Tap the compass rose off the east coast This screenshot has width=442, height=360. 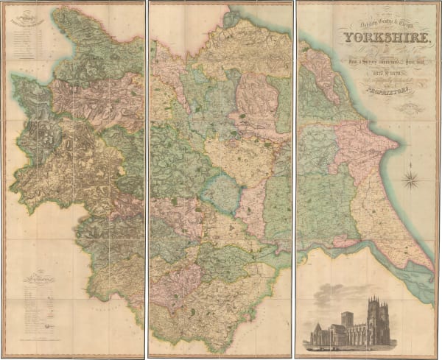411,177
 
